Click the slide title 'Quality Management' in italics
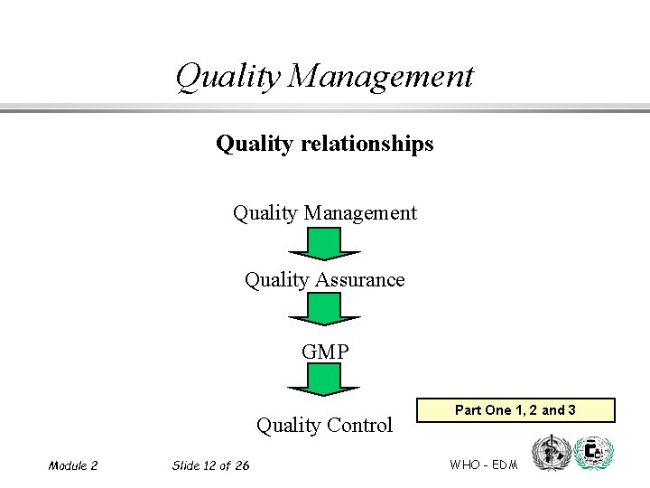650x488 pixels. (324, 76)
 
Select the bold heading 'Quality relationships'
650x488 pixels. (324, 144)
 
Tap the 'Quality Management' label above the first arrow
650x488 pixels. (324, 213)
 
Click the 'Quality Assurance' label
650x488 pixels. (324, 280)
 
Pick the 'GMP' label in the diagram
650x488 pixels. (324, 352)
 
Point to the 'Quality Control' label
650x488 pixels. (324, 425)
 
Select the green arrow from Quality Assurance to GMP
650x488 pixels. (324, 309)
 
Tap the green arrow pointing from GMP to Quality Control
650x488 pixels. (324, 380)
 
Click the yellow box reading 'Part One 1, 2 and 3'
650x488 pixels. (515, 410)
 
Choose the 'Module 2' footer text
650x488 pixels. (73, 465)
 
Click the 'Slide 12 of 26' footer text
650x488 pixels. (210, 465)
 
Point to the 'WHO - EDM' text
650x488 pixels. (483, 465)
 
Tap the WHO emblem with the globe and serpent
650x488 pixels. (552, 452)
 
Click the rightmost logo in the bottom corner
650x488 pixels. (593, 452)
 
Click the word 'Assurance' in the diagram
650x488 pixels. (359, 280)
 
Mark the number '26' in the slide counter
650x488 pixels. (241, 465)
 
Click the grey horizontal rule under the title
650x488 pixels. (324, 109)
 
